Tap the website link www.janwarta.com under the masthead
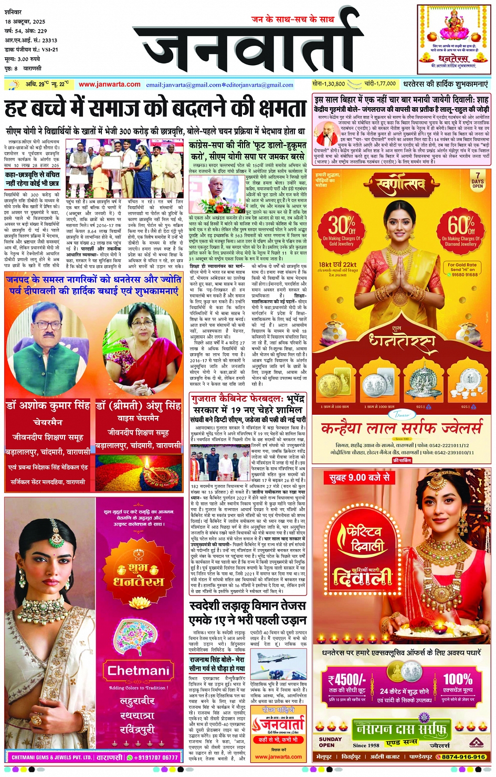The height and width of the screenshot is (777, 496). point(110,84)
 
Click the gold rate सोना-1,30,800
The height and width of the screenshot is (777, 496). point(329,83)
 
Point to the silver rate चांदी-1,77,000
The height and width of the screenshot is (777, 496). point(379,83)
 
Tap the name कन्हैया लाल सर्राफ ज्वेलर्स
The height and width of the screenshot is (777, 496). point(401,429)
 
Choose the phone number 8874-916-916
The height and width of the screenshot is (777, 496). point(463,757)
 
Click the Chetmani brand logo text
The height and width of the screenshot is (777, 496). point(138,670)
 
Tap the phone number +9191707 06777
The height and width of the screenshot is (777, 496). point(155,758)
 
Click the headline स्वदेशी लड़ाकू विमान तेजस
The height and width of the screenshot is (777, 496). point(247,606)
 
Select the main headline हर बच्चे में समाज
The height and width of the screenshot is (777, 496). point(155,109)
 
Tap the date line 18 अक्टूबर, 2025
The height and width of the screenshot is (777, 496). point(25,22)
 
